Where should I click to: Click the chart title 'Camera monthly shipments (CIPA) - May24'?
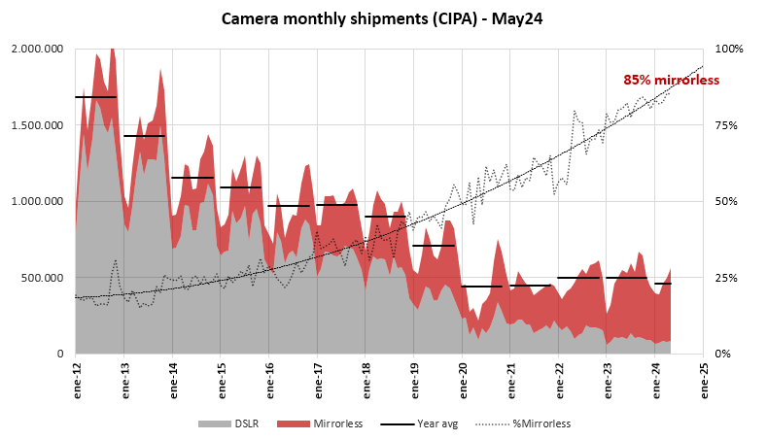coord(383,18)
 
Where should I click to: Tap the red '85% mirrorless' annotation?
coord(671,80)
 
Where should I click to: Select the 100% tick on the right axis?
coord(728,49)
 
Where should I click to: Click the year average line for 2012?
coord(96,97)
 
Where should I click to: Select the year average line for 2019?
coord(434,246)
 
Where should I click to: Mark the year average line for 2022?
coord(578,278)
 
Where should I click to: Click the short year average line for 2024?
coord(663,284)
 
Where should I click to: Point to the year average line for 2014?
coord(192,178)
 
